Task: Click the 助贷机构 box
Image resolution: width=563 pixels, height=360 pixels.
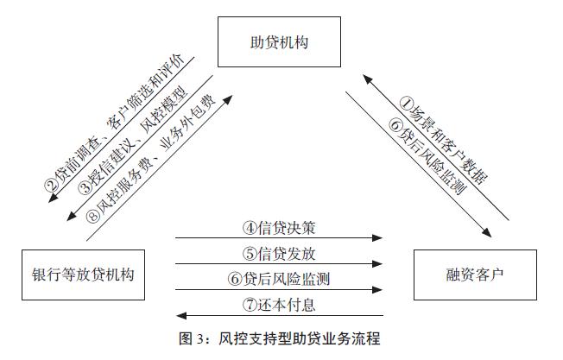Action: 273,41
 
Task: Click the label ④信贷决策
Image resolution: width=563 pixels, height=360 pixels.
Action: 279,229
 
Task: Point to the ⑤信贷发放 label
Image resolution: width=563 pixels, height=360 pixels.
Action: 279,254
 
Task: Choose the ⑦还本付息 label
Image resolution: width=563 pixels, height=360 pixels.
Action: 279,305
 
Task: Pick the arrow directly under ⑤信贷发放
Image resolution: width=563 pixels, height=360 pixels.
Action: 279,264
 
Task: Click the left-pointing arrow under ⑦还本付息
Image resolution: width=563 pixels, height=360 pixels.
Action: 279,315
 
